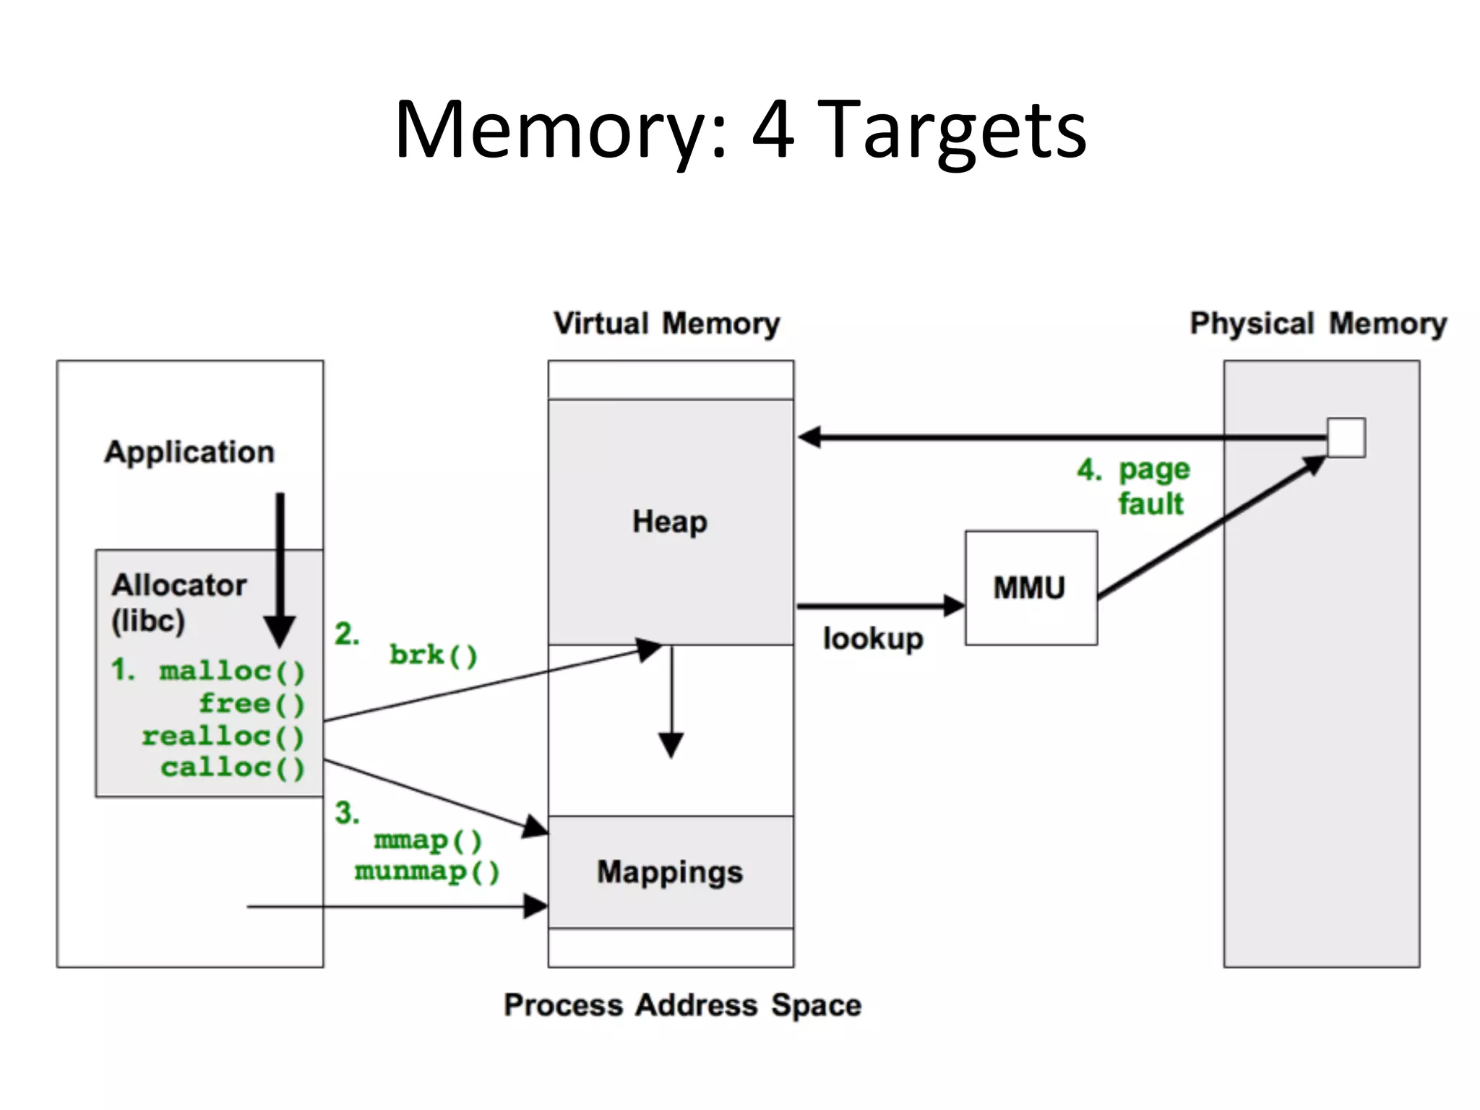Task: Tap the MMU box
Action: (x=1031, y=588)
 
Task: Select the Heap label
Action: (x=670, y=522)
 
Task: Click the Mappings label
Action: (x=670, y=872)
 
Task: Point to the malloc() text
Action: (x=232, y=671)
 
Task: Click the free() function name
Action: (x=251, y=704)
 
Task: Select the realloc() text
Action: (x=223, y=736)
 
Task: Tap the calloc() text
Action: (x=232, y=767)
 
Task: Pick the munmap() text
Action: (x=427, y=872)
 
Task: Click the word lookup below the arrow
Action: (x=873, y=639)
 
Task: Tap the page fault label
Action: (x=1152, y=486)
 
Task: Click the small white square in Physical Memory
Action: (x=1346, y=437)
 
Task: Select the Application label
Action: (x=189, y=452)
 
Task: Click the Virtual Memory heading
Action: (x=666, y=324)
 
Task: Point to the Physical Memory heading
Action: (x=1318, y=324)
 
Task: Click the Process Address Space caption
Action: (x=682, y=1005)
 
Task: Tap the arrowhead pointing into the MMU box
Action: (x=954, y=606)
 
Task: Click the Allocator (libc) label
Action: (x=178, y=602)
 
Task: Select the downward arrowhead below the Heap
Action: (x=671, y=744)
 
